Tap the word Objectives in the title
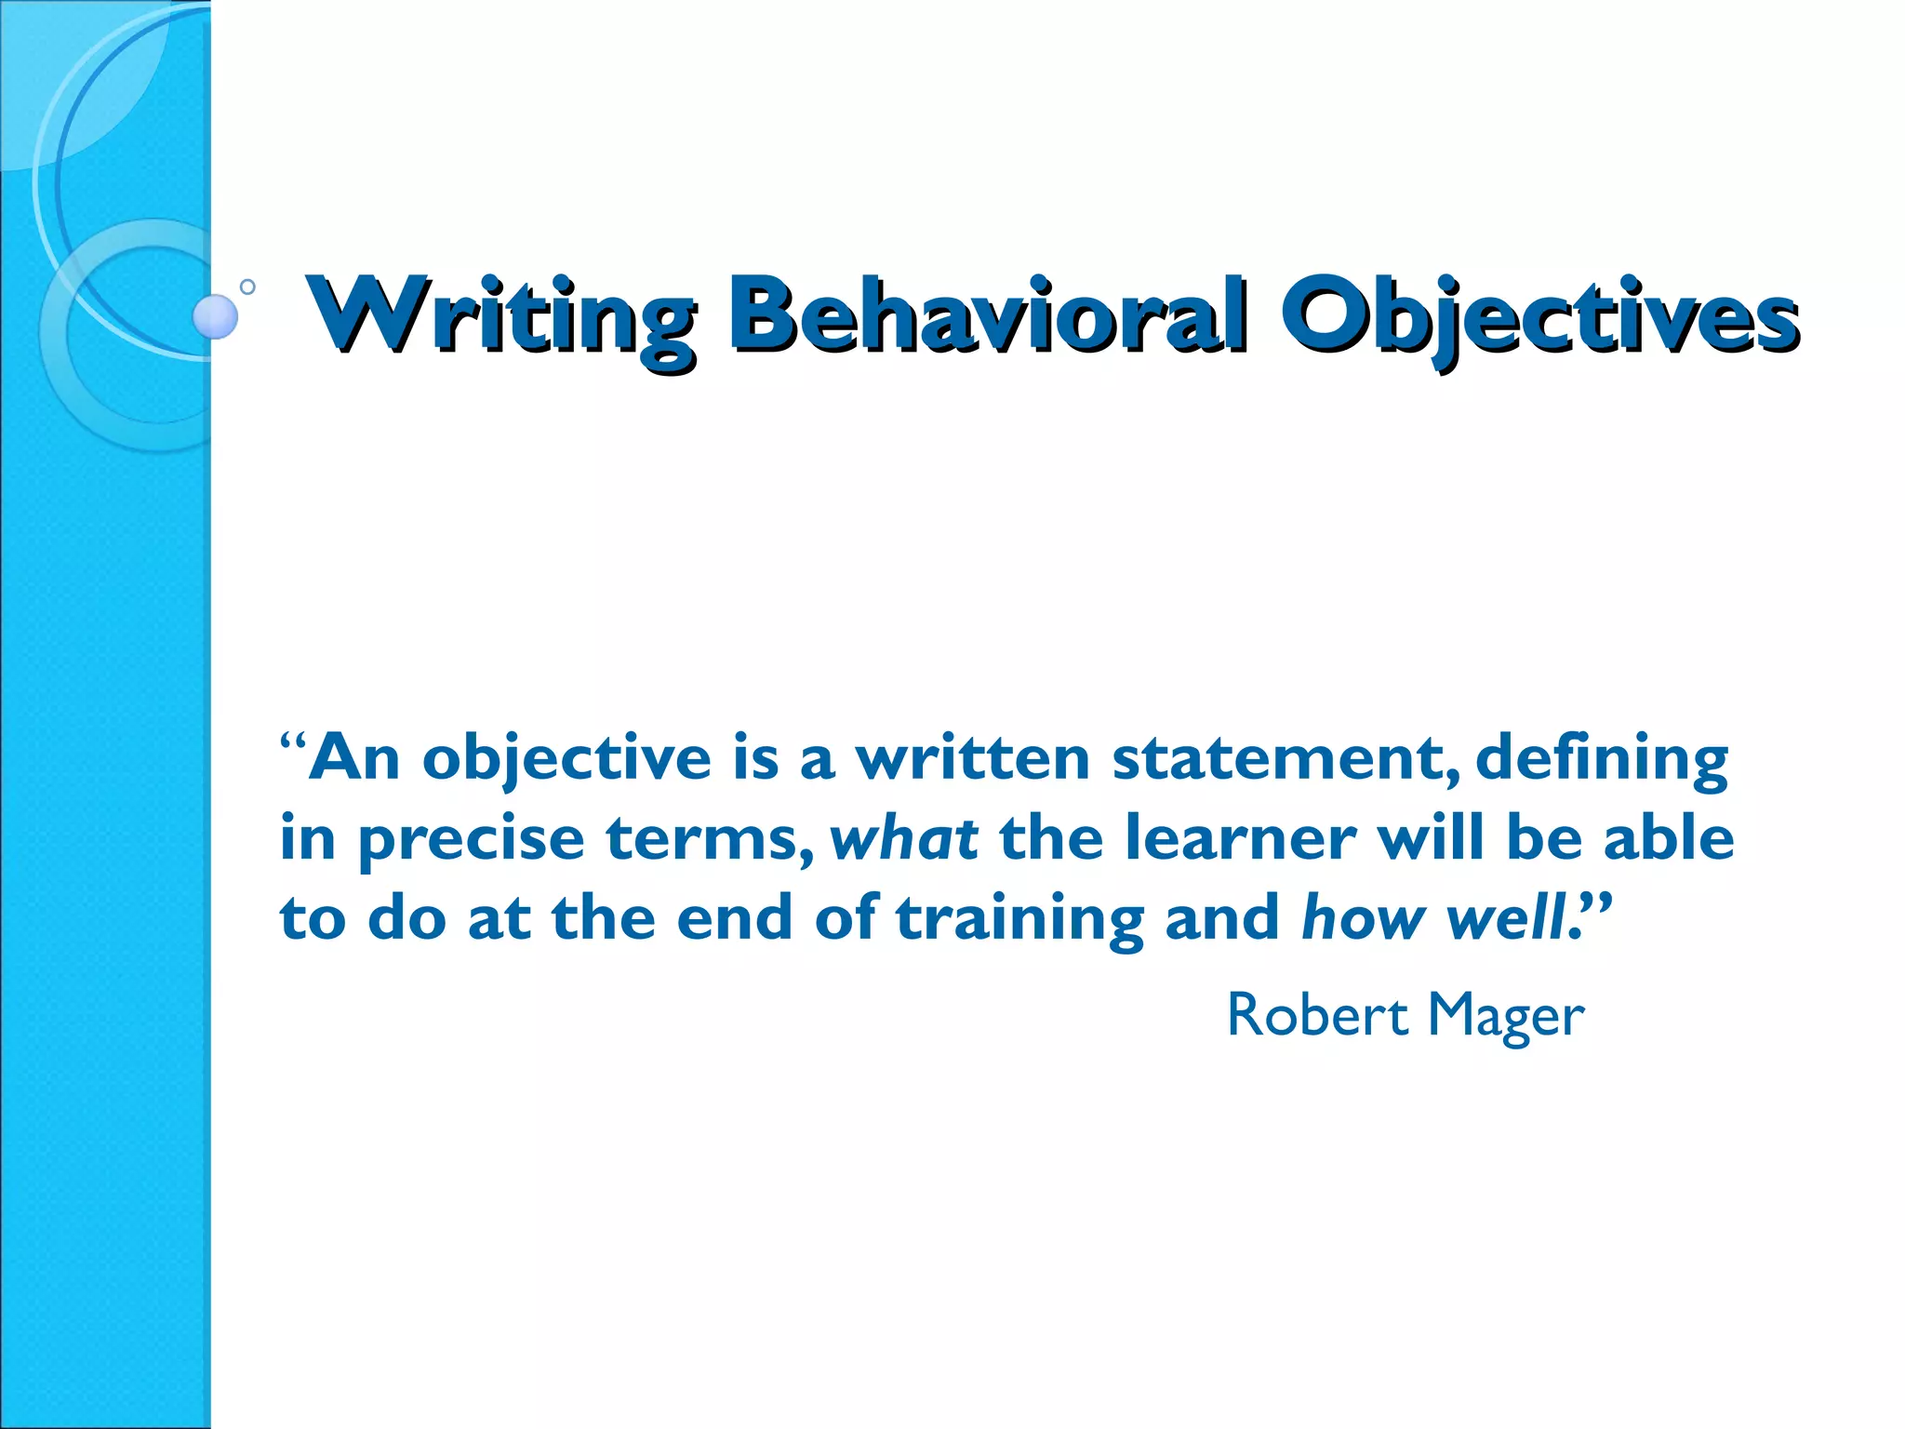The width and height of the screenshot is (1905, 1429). tap(1539, 316)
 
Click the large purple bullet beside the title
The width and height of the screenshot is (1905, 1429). tap(215, 316)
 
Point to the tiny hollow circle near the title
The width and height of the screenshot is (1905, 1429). tap(247, 287)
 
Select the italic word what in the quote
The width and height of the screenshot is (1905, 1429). tap(903, 837)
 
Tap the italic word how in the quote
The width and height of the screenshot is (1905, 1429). tap(1363, 917)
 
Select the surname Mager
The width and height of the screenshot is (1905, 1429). tap(1506, 1016)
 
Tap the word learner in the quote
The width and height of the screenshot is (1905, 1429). tap(1240, 837)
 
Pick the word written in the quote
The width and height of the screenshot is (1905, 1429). tap(972, 758)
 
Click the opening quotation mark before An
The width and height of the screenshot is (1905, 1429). tap(292, 744)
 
